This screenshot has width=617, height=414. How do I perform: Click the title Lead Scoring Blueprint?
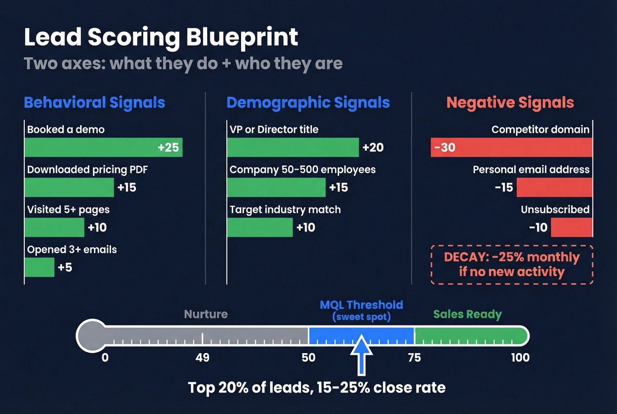pos(161,37)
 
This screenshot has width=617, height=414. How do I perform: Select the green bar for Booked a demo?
pos(103,147)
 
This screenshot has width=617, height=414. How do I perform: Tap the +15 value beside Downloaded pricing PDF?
pos(127,187)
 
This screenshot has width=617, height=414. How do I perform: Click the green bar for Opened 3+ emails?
pos(39,267)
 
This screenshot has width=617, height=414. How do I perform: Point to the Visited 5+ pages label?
pos(68,209)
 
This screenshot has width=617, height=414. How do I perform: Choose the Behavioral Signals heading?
pos(94,102)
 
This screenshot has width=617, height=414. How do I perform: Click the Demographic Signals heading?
pos(308,102)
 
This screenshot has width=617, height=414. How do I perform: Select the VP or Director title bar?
pos(293,147)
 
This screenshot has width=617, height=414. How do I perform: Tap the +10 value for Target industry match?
pos(305,228)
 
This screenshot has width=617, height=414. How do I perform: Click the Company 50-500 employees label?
pos(302,170)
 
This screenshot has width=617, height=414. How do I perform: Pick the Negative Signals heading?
pos(510,102)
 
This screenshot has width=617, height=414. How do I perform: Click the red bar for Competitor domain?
pos(511,147)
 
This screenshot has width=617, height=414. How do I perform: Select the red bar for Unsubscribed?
pos(571,228)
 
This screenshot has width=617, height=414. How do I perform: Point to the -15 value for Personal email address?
pos(504,187)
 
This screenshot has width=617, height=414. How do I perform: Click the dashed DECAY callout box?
pos(511,265)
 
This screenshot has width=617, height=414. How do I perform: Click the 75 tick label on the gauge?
pos(414,358)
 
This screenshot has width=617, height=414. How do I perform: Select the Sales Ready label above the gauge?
pos(467,314)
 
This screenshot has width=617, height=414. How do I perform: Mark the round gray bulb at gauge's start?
pos(92,336)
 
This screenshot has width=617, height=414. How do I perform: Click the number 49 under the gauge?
pos(202,358)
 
